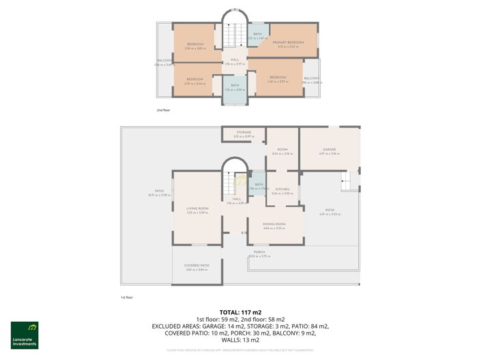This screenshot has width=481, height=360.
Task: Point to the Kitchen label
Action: tap(282, 189)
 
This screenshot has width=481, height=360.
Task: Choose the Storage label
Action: tap(244, 132)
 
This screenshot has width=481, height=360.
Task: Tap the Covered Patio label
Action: tap(196, 265)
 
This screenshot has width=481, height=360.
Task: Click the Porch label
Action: tap(259, 252)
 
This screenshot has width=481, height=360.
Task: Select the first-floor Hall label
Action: tap(237, 199)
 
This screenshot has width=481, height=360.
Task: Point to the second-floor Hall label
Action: tap(234, 60)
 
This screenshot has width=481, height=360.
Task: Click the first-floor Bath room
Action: tap(259, 185)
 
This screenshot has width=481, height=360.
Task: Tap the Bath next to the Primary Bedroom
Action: tap(257, 35)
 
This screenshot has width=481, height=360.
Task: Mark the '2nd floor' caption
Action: tap(163, 108)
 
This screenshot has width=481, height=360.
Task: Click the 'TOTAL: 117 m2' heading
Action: tap(240, 312)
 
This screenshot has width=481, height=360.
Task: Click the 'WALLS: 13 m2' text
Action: tap(240, 340)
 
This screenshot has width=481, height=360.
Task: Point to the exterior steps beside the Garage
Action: tap(349, 181)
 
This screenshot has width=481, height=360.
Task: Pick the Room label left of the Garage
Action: tap(282, 151)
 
